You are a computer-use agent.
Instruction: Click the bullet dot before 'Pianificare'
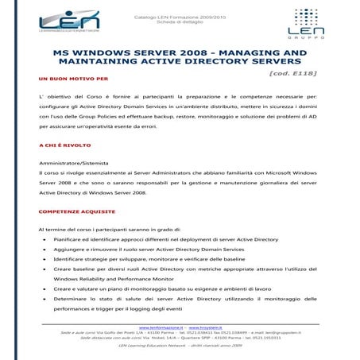(42, 239)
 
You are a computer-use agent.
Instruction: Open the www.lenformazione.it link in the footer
(161, 327)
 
